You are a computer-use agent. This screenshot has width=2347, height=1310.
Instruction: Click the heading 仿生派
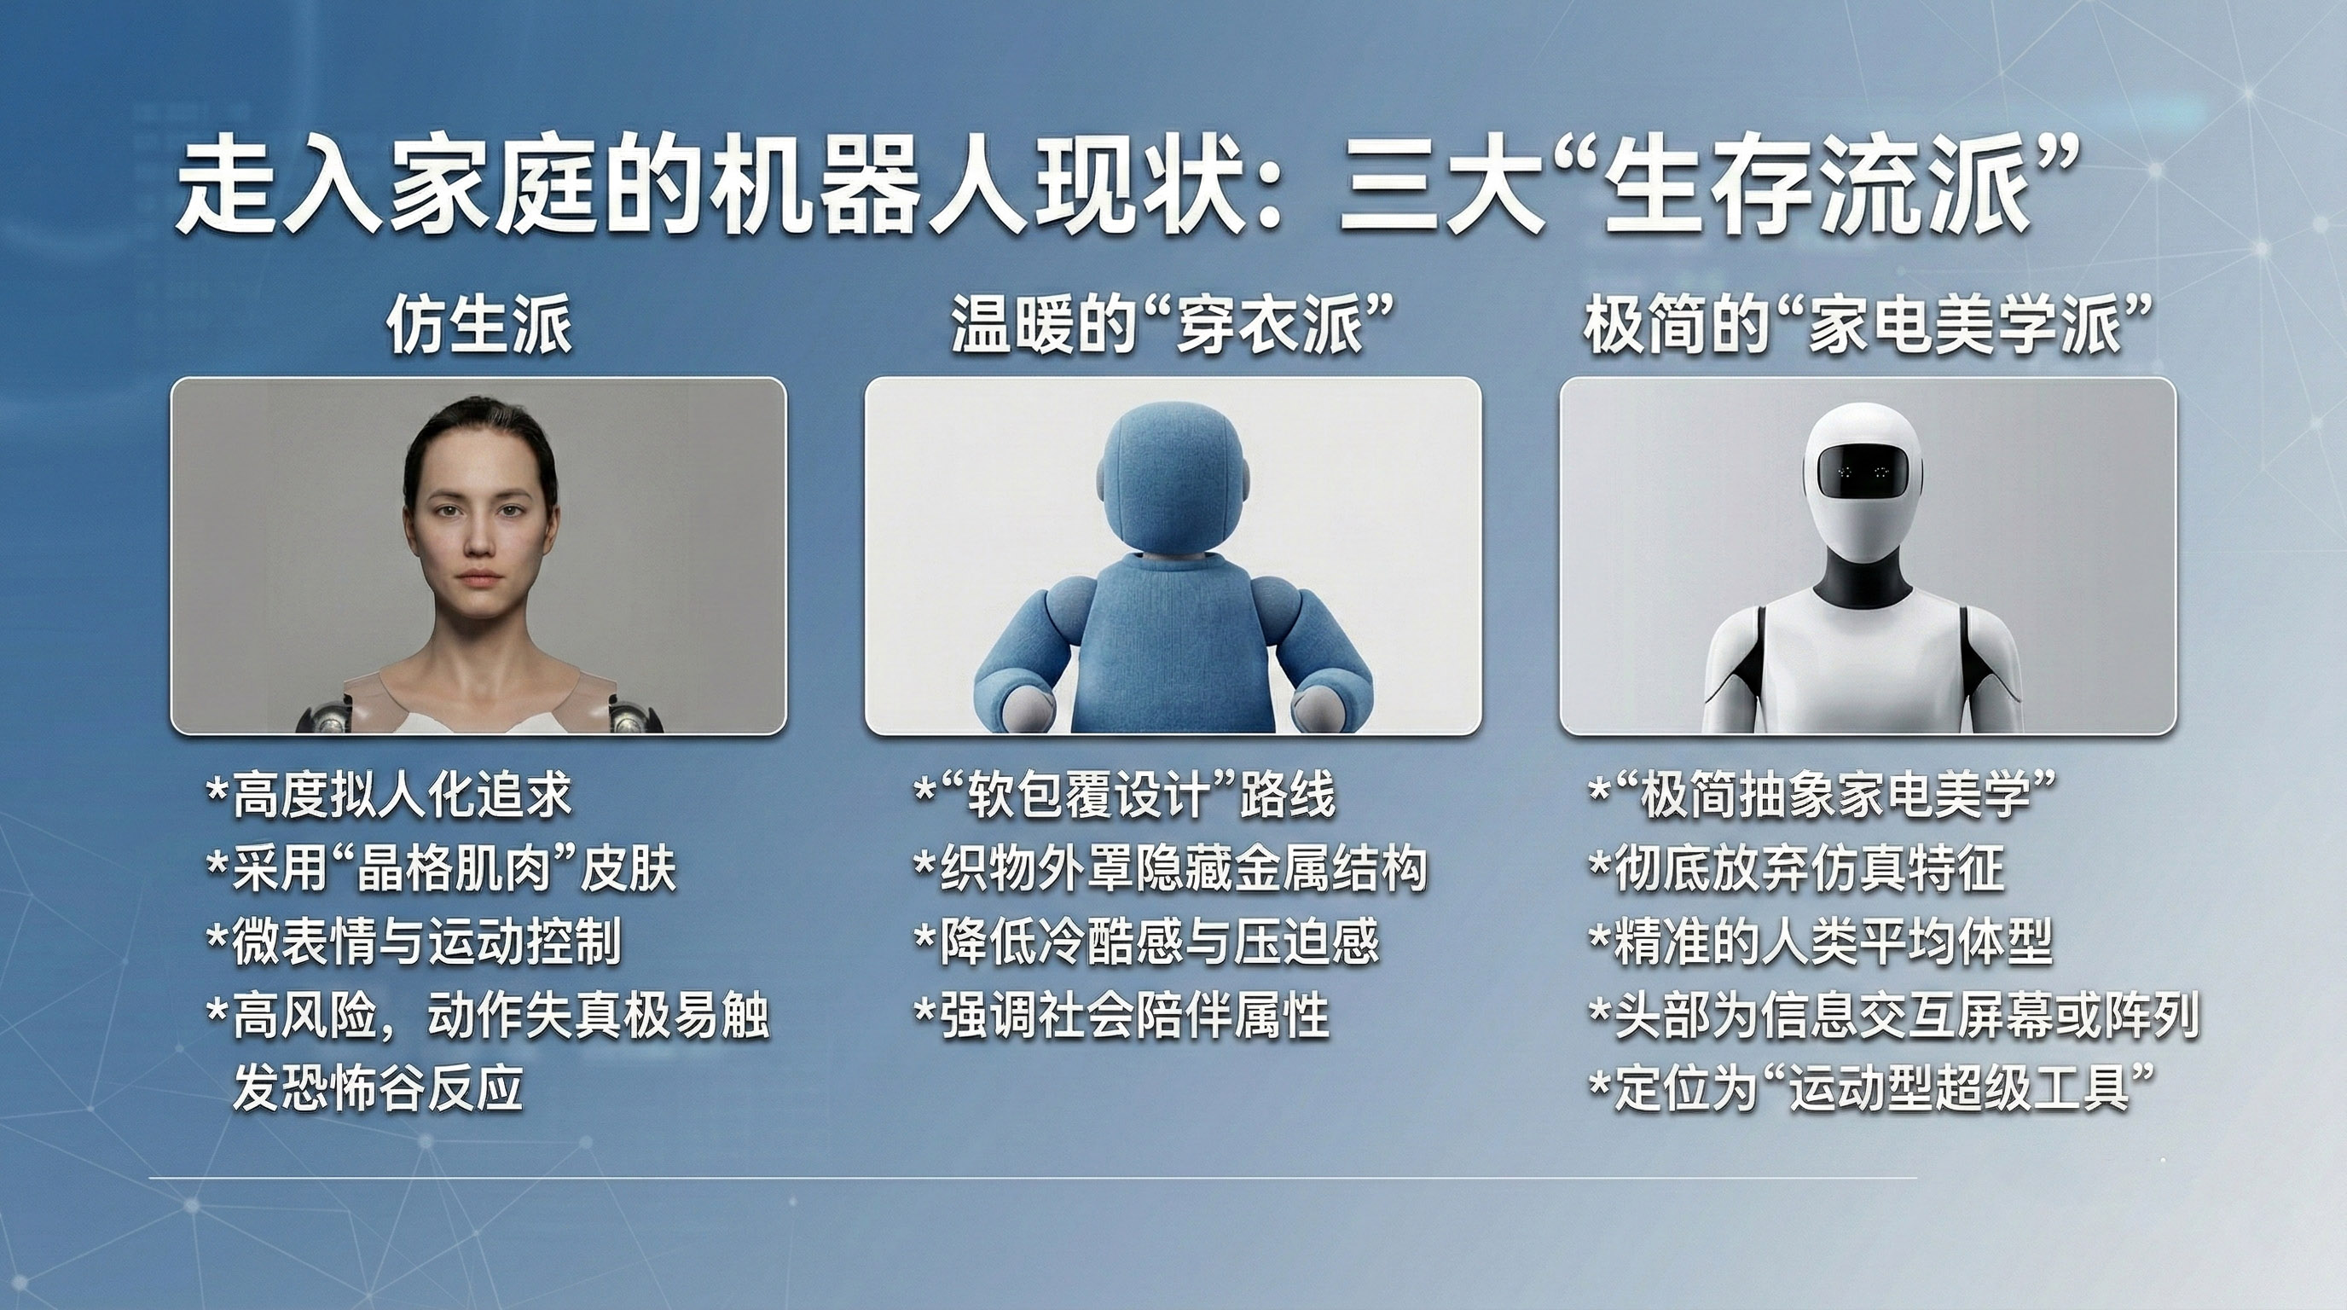point(479,325)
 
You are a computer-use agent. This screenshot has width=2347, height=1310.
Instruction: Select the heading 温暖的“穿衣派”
point(1173,325)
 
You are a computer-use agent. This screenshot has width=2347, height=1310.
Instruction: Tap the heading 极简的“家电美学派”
point(1868,325)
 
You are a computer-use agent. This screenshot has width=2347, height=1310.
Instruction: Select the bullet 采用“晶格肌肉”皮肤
point(443,868)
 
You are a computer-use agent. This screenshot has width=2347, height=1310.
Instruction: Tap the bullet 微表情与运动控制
point(414,941)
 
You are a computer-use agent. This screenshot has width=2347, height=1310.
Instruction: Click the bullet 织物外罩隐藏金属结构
point(1171,868)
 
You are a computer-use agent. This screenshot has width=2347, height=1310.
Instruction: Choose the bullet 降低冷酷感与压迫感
point(1147,941)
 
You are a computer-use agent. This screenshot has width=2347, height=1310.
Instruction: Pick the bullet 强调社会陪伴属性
point(1121,1015)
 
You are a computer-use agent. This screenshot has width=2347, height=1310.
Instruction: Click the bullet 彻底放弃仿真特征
point(1796,868)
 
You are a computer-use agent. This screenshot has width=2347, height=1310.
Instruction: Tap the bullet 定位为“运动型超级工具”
point(1872,1087)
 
